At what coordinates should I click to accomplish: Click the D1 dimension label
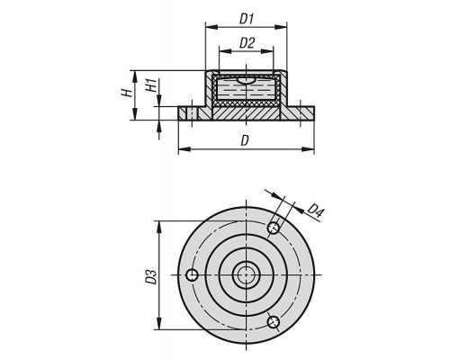tap(247, 19)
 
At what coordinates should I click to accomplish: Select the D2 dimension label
tap(247, 43)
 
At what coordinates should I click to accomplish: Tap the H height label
tap(127, 93)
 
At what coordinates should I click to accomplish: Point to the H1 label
tap(151, 85)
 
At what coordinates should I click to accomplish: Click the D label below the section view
tap(245, 140)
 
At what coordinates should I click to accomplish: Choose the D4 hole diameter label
tap(316, 211)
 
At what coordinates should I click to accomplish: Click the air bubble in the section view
tap(246, 80)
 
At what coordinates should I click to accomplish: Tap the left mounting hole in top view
tap(192, 274)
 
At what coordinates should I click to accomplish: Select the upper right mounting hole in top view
tap(274, 228)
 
